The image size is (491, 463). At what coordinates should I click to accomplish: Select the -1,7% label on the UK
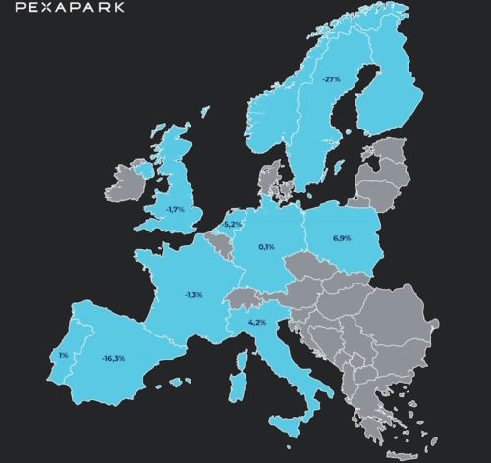176,209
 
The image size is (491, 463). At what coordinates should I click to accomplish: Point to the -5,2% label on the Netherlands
233,224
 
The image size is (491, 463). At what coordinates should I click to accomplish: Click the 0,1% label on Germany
266,246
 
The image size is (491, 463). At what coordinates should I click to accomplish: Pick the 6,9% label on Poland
342,238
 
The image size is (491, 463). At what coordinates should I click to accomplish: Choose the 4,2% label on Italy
257,321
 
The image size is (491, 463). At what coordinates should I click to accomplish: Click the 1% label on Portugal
63,355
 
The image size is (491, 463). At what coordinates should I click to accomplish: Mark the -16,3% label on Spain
114,358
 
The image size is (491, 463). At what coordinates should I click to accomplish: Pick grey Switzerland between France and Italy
241,298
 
